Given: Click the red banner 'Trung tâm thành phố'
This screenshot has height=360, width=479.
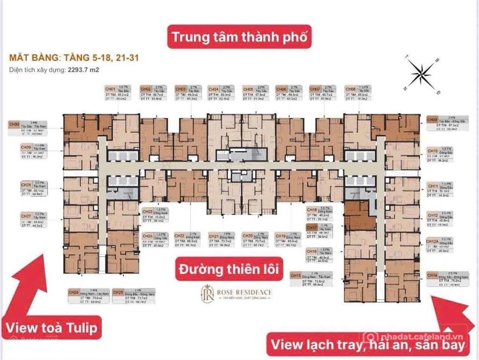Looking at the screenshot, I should click(x=239, y=37).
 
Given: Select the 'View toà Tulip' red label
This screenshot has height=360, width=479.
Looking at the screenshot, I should click(x=52, y=328).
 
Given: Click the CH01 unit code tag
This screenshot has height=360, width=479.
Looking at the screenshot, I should click(x=110, y=89).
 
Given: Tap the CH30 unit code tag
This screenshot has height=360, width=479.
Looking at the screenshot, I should click(x=14, y=124).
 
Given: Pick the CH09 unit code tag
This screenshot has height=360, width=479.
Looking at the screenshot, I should click(x=433, y=120).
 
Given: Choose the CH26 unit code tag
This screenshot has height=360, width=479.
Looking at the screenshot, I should click(x=74, y=293).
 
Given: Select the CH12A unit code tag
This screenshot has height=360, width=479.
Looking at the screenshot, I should click(x=433, y=242).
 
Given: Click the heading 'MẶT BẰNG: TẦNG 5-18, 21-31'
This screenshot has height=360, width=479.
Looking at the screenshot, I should click(x=73, y=59).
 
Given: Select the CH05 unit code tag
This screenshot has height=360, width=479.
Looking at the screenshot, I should click(x=247, y=89).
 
